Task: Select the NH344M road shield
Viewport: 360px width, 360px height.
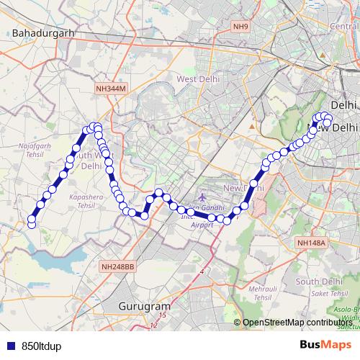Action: coord(110,88)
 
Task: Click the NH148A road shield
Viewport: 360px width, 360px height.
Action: coord(310,243)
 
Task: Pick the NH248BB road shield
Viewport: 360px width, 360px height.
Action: coord(118,266)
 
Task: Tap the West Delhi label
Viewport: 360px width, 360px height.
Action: coord(197,78)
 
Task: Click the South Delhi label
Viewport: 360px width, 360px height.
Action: coord(317,282)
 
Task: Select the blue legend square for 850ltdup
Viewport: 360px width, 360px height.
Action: coord(9,346)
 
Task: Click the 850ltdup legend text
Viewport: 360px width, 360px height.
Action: coord(40,346)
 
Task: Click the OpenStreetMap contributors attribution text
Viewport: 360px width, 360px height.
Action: coord(298,323)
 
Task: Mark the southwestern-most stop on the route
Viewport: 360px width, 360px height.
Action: coord(31,225)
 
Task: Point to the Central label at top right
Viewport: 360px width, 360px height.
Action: coord(344,26)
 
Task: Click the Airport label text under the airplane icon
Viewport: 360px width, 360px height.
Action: coord(202,225)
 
